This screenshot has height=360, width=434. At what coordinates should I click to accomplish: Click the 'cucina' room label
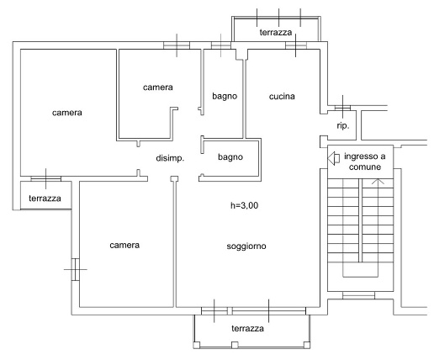coord(282,97)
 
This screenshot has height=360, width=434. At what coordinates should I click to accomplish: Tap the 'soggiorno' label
coord(246,246)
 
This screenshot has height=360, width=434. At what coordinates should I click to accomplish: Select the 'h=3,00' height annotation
coord(244,205)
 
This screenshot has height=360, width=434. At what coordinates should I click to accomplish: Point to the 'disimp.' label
coord(170,158)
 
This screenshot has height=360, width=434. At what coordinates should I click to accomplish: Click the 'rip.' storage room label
coord(343,125)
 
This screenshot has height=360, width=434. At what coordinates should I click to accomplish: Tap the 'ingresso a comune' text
coord(365,161)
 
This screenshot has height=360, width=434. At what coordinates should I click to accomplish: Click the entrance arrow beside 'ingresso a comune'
coord(334,158)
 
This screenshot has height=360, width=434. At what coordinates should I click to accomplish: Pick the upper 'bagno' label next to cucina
coord(225,97)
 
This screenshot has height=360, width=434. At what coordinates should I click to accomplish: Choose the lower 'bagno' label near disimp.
coord(230,157)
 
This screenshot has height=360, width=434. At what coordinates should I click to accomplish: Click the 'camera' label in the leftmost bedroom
coord(67,113)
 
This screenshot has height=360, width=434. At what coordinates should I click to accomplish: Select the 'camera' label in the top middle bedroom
coord(158,87)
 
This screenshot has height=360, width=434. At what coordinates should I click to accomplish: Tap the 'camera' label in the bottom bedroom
coord(124,246)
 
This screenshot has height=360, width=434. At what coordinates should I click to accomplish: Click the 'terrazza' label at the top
coord(276,33)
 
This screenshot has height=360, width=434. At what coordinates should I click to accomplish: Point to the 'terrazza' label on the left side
coord(45,199)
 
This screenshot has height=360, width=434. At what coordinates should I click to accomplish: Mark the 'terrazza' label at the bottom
coord(247,328)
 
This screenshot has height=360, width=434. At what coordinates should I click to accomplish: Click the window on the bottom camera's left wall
coord(76,269)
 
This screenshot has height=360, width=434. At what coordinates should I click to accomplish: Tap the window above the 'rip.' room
coord(342,108)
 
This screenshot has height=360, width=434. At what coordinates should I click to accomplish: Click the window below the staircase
coord(358,295)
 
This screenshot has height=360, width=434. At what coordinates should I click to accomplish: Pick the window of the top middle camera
coord(177,45)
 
